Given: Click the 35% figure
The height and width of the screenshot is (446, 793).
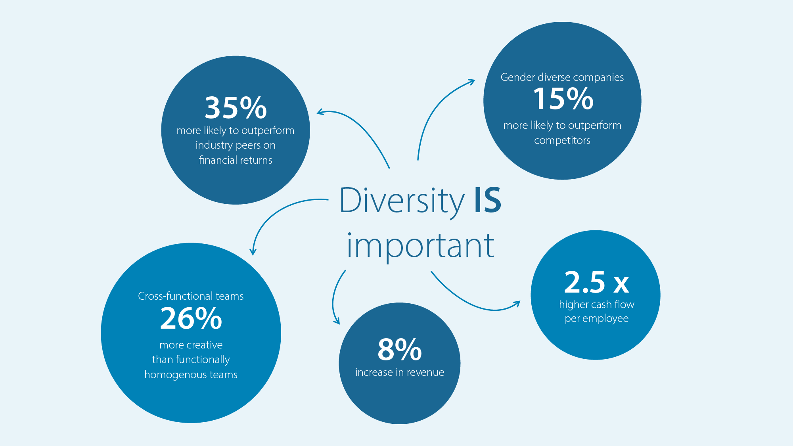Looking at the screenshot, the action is pyautogui.click(x=236, y=108).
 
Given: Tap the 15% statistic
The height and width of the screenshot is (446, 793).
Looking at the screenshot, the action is pyautogui.click(x=563, y=99).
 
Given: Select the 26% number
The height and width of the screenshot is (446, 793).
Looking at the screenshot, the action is pyautogui.click(x=191, y=318).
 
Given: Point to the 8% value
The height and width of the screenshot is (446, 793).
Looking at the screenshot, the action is pyautogui.click(x=399, y=349).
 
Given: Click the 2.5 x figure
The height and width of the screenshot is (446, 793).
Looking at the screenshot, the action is pyautogui.click(x=596, y=282).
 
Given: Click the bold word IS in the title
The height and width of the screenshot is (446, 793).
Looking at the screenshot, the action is pyautogui.click(x=488, y=200).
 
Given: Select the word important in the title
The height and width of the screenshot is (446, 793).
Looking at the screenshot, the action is pyautogui.click(x=420, y=246).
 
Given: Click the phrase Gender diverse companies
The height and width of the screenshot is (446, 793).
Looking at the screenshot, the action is pyautogui.click(x=562, y=77).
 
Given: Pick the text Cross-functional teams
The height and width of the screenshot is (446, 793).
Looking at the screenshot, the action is pyautogui.click(x=191, y=296).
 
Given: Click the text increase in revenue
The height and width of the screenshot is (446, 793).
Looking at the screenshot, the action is pyautogui.click(x=400, y=372).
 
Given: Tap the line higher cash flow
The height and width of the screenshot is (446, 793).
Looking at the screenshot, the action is pyautogui.click(x=597, y=304).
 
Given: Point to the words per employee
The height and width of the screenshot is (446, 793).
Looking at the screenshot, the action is pyautogui.click(x=597, y=319).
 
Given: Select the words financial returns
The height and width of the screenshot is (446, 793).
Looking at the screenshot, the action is pyautogui.click(x=236, y=160).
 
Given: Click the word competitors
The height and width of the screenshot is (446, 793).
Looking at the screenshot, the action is pyautogui.click(x=562, y=141).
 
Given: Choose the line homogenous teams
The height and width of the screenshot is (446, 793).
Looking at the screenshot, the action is pyautogui.click(x=191, y=375).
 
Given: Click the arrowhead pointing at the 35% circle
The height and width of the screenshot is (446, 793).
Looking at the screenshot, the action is pyautogui.click(x=320, y=113).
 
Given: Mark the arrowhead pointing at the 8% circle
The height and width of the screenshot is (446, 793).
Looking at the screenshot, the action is pyautogui.click(x=337, y=321).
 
